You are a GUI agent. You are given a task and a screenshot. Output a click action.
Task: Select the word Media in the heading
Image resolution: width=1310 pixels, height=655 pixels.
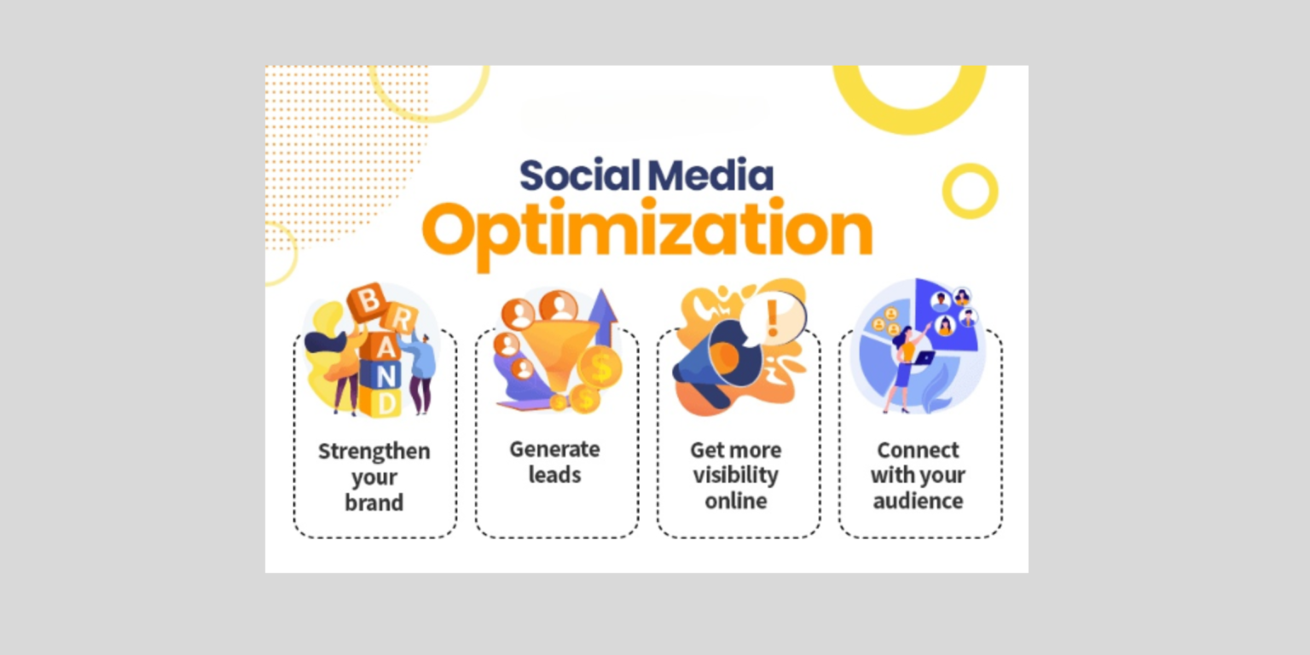pos(710,175)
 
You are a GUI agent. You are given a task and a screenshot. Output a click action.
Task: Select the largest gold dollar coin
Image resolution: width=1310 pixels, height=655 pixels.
pos(600,368)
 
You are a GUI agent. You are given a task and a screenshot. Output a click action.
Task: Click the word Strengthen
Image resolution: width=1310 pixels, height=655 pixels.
pos(374,451)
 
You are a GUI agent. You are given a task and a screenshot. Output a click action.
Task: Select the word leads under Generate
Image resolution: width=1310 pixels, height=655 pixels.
pos(554,475)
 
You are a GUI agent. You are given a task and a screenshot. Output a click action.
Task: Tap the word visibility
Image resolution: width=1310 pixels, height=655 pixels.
pos(735,475)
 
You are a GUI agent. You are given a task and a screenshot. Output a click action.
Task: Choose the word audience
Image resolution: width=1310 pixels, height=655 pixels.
pos(918,501)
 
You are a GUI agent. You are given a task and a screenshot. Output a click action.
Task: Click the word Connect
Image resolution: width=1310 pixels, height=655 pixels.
pos(918,449)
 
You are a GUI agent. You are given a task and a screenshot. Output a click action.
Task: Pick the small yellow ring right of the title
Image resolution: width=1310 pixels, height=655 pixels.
pos(970,191)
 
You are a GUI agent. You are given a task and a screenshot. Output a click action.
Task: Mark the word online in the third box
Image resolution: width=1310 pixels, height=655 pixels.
pos(735,501)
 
